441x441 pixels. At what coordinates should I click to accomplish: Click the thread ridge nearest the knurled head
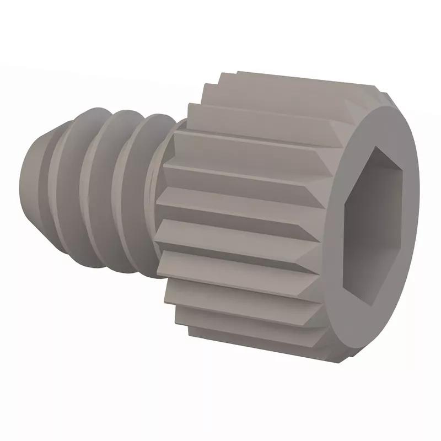(x=138, y=190)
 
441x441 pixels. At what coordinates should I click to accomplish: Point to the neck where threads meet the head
(x=160, y=193)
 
